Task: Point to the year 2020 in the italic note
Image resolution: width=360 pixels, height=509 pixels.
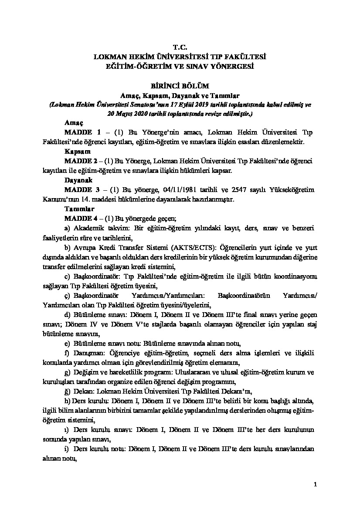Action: (143, 114)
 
